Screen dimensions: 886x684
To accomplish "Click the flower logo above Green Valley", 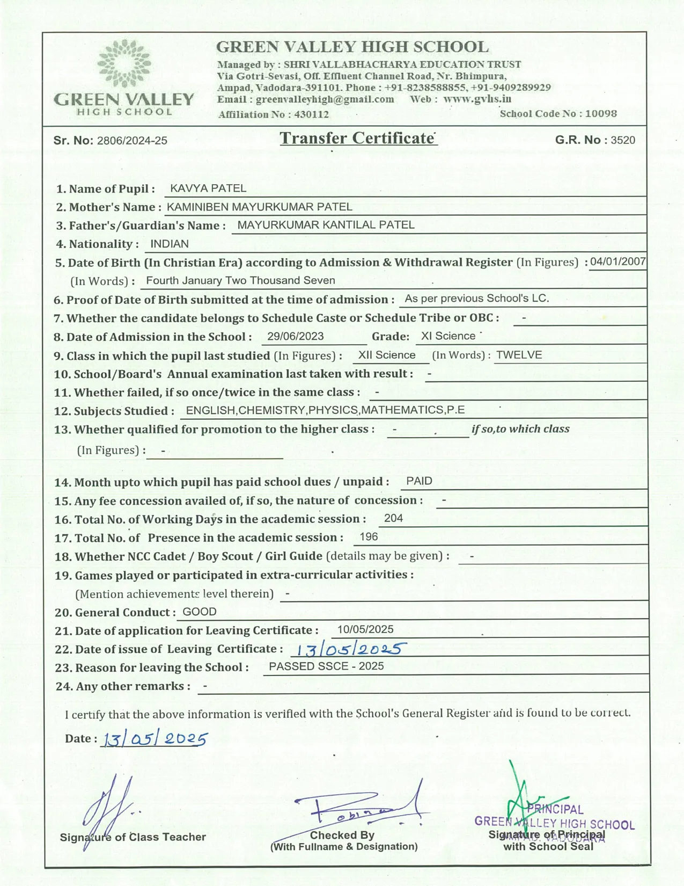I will pyautogui.click(x=124, y=63).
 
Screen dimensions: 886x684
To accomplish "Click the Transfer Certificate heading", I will pyautogui.click(x=357, y=139).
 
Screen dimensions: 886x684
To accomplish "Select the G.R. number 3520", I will pyautogui.click(x=623, y=141).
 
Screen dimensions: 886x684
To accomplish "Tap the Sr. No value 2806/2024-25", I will pyautogui.click(x=132, y=141).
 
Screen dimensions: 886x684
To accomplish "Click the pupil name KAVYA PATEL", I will pyautogui.click(x=208, y=188).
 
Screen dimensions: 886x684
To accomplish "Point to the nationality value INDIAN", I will pyautogui.click(x=170, y=244).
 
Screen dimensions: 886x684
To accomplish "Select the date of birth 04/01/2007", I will pyautogui.click(x=618, y=262).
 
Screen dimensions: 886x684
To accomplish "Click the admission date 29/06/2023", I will pyautogui.click(x=296, y=337).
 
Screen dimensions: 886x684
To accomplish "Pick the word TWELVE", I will pyautogui.click(x=519, y=355).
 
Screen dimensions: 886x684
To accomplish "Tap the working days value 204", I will pyautogui.click(x=394, y=519).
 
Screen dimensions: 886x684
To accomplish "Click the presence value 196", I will pyautogui.click(x=369, y=537).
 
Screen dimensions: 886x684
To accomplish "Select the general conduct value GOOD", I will pyautogui.click(x=200, y=612).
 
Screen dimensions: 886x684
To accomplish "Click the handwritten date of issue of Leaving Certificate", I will pyautogui.click(x=349, y=650).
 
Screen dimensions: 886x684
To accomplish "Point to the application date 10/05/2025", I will pyautogui.click(x=365, y=630).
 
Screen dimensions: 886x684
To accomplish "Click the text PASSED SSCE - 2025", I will pyautogui.click(x=326, y=667).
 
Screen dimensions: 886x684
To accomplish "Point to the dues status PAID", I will pyautogui.click(x=420, y=482).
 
